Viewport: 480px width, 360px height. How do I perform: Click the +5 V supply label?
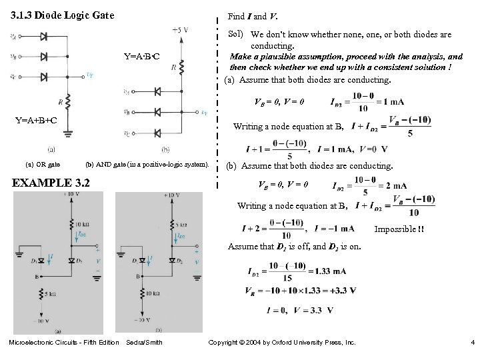[x=179, y=30]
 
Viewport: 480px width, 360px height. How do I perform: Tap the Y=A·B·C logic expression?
[x=142, y=56]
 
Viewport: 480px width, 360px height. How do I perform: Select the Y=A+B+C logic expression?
[x=36, y=121]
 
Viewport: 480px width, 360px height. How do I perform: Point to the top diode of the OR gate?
[x=44, y=38]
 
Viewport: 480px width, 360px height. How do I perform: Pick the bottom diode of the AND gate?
[x=157, y=133]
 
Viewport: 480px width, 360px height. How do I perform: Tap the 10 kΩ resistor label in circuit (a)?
[x=83, y=224]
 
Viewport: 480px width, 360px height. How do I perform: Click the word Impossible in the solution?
[x=393, y=229]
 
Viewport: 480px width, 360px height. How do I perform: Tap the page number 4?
[x=471, y=343]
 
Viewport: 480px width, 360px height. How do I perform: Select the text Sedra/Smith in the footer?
[x=144, y=343]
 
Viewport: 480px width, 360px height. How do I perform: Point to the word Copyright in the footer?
[x=226, y=343]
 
